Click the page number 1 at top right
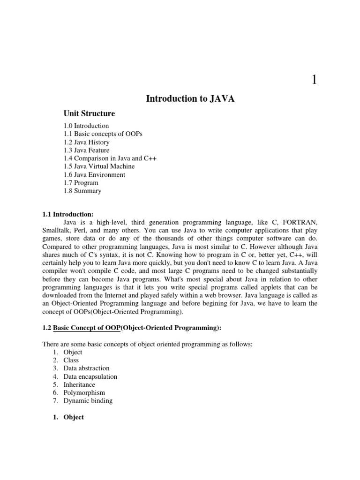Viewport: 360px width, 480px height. coord(314,80)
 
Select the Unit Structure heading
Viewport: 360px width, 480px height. coord(89,113)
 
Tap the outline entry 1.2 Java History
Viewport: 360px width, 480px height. coord(87,142)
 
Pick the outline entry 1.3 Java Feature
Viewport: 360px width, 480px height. coord(87,150)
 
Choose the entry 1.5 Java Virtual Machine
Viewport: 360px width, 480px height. coord(99,166)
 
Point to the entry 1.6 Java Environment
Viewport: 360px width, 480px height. coord(94,175)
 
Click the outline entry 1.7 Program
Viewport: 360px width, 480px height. coord(81,183)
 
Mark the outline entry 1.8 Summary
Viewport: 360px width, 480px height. coord(82,191)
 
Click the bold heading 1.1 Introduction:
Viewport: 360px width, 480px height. coord(68,214)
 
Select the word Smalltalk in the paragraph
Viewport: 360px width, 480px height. coord(57,230)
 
